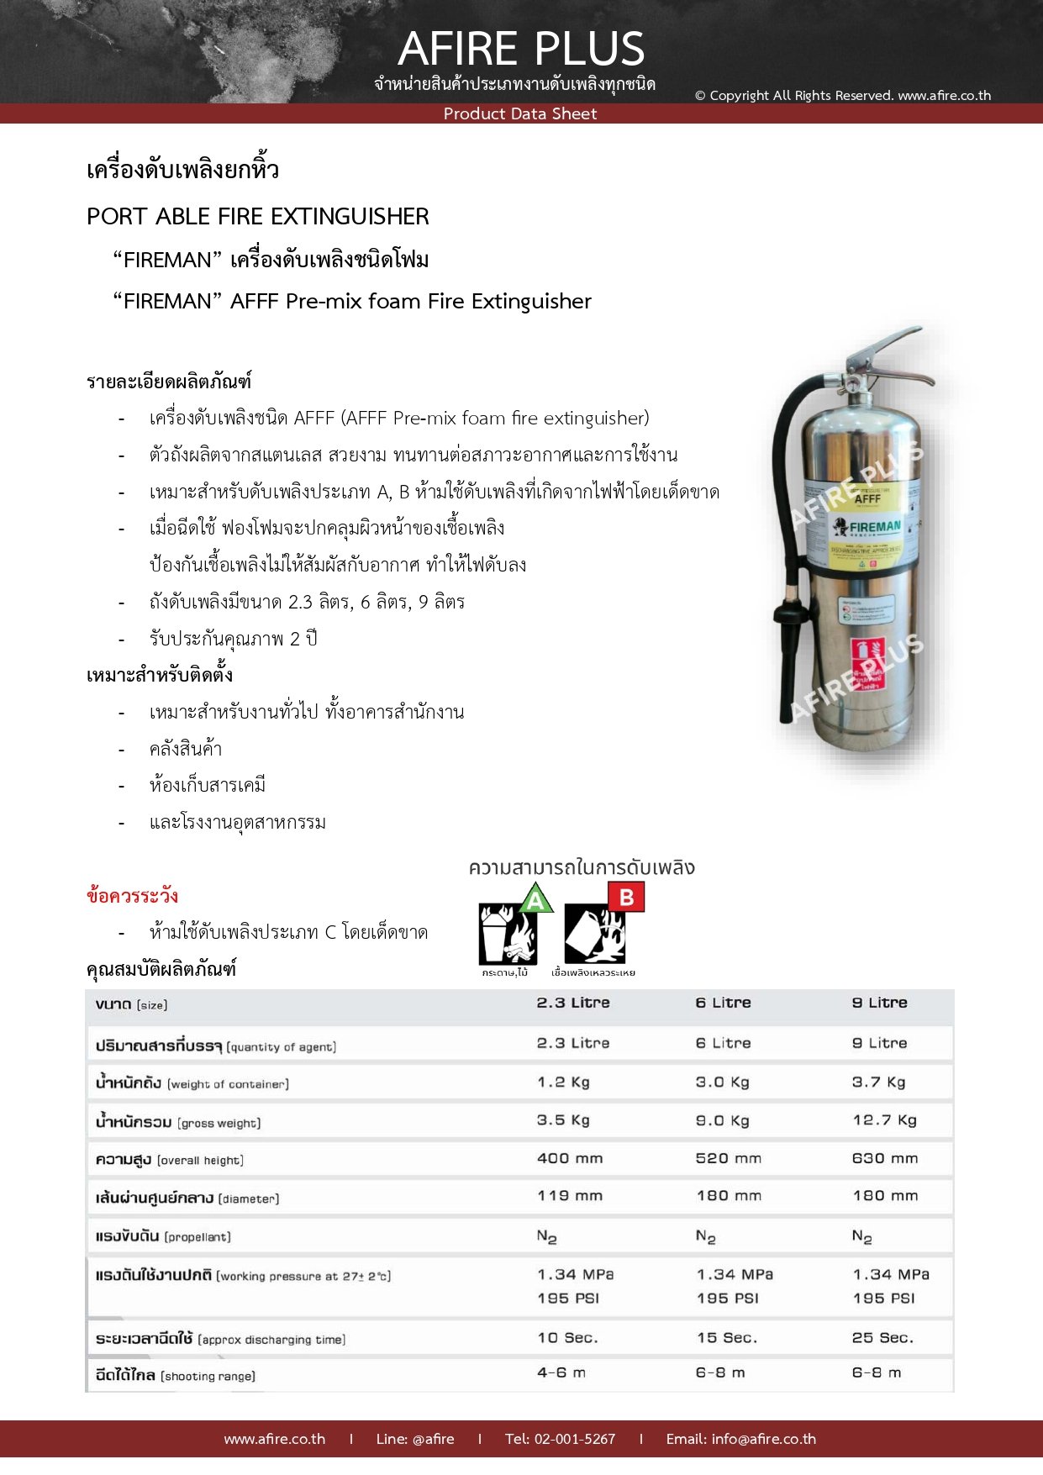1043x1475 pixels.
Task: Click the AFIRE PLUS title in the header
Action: (x=521, y=49)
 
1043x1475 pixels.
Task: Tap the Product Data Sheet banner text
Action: (x=520, y=113)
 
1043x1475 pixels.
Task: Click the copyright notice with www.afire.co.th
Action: (x=842, y=95)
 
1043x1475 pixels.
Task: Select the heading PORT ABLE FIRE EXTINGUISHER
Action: (x=258, y=217)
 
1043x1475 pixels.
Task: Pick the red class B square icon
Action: (x=626, y=898)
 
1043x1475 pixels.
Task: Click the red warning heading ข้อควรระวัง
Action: (x=132, y=896)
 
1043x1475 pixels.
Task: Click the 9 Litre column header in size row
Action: (x=879, y=1003)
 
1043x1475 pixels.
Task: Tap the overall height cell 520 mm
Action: (x=728, y=1158)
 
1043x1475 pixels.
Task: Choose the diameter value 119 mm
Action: (x=570, y=1195)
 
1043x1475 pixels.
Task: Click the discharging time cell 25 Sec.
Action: (x=882, y=1338)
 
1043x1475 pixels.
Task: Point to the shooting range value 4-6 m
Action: (x=561, y=1372)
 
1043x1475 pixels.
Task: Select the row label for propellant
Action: (x=163, y=1236)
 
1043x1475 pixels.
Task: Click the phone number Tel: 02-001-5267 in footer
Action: (x=560, y=1439)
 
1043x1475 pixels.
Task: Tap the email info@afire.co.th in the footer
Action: (x=740, y=1439)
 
